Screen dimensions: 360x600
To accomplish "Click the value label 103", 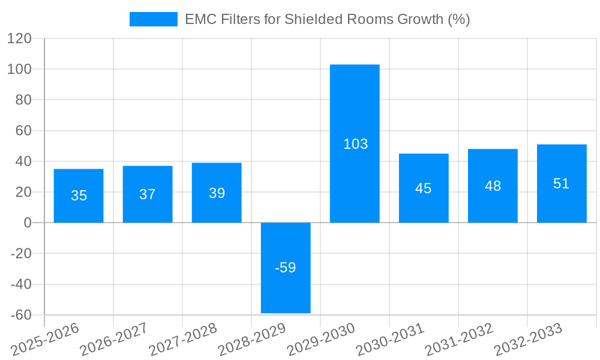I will point(355,144).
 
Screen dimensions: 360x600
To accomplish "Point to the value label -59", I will point(286,268).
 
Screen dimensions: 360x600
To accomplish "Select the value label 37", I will point(148,194).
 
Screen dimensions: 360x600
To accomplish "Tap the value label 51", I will point(562,184).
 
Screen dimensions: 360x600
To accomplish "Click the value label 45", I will point(424,188).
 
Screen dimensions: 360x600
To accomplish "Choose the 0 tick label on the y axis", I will point(26,223).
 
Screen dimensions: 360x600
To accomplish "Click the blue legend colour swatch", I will point(154,19).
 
